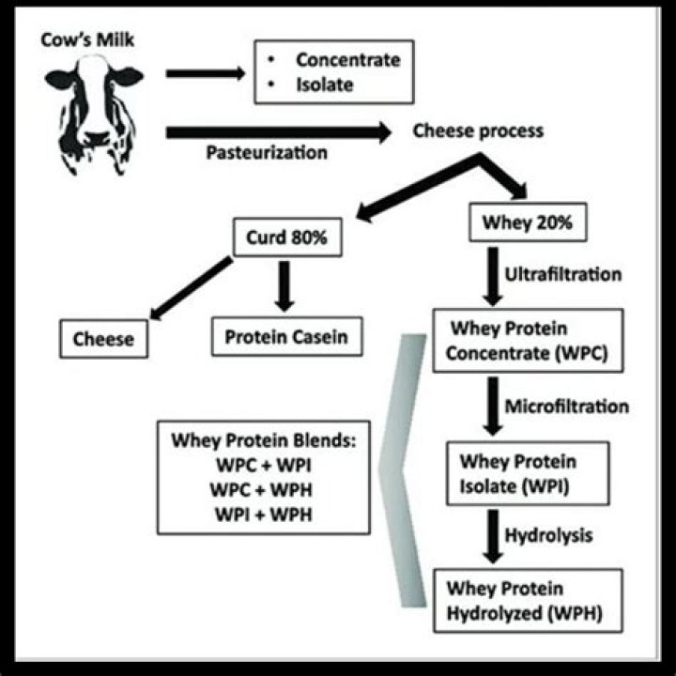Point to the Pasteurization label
pos(268,152)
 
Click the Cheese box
pos(103,339)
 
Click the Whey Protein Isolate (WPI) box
pos(519,474)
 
